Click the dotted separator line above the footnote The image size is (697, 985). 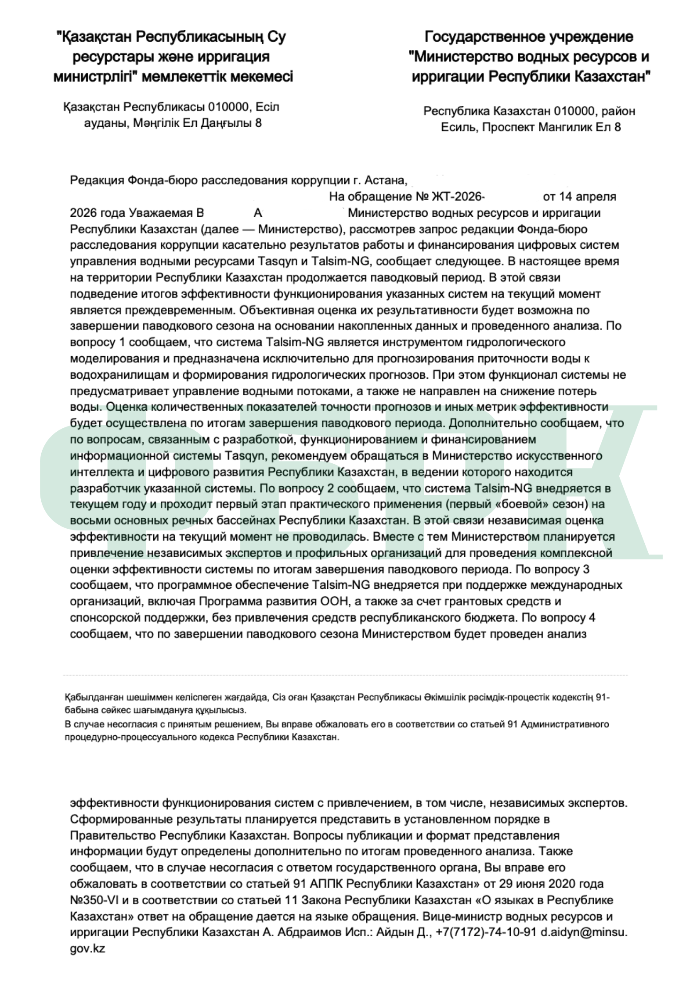(345, 675)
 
